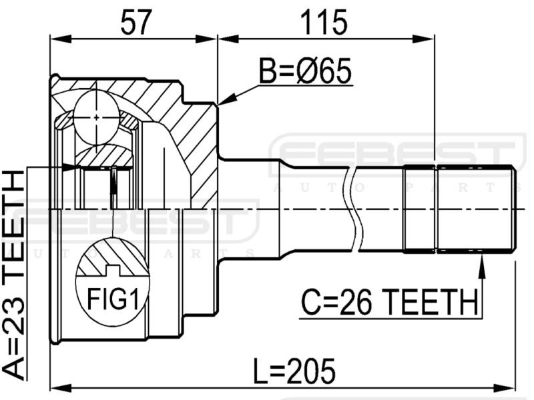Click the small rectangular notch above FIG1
point(112,271)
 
